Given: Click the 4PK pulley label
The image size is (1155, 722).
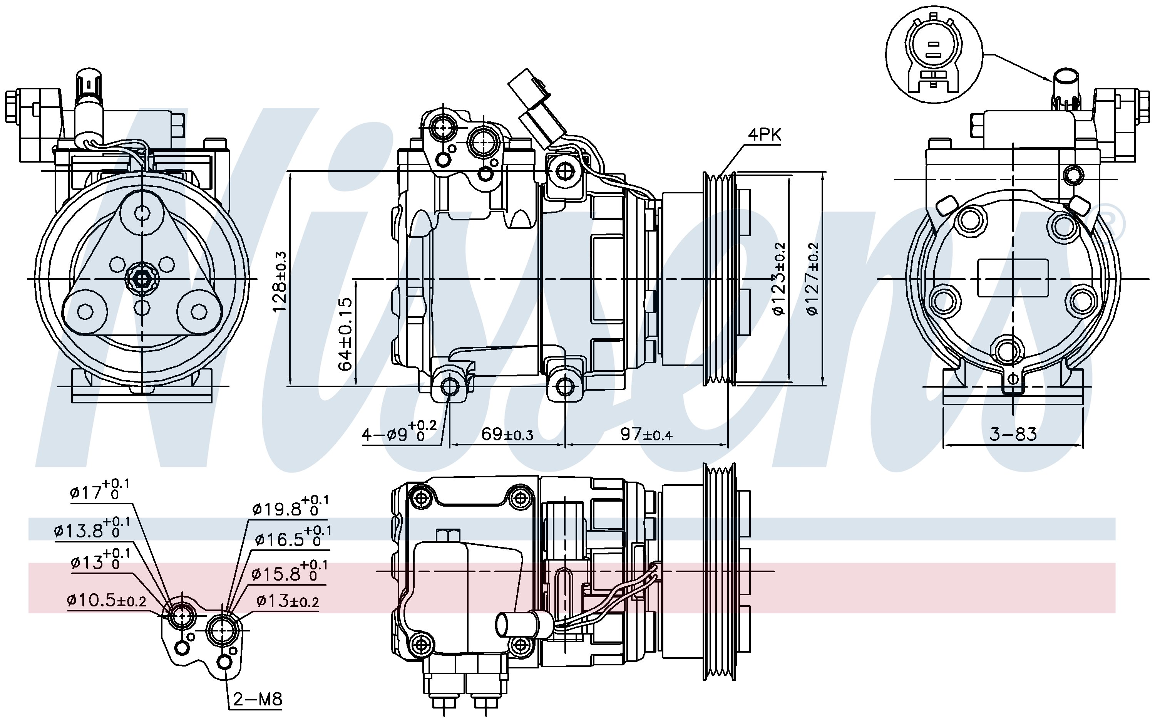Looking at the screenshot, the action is pos(765,135).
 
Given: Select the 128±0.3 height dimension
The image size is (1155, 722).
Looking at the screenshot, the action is pos(280,282).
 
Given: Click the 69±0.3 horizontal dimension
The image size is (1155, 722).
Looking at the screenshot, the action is pos(507,434).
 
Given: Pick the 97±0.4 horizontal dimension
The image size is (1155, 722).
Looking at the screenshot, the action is pos(646,434).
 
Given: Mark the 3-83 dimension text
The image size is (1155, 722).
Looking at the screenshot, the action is pos(1013,434).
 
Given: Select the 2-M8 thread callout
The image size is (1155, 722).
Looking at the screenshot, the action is pos(258,700).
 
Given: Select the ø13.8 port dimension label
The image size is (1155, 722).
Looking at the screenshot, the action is pos(92,529).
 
